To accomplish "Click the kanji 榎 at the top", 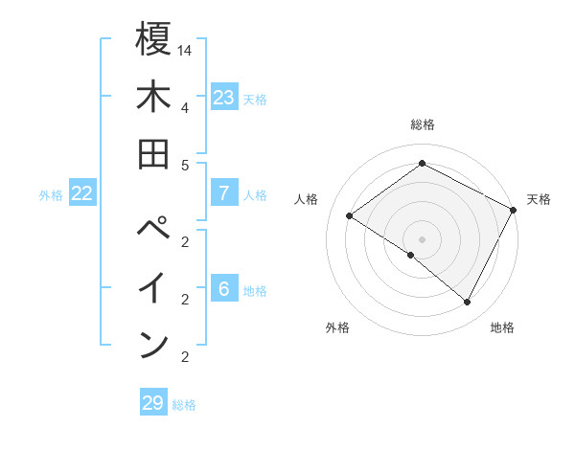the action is click(x=154, y=41).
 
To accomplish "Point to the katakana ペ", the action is click(x=154, y=231).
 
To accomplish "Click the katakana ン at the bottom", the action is click(x=154, y=345).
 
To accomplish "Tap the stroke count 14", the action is click(x=185, y=49).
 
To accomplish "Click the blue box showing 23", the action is click(x=223, y=98).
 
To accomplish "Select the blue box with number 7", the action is click(x=223, y=193).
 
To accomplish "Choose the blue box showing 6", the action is click(x=223, y=289).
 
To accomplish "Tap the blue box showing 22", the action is click(x=81, y=193).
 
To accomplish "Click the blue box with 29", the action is click(x=152, y=403).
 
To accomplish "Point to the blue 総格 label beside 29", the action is click(x=184, y=405).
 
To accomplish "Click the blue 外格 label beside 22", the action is click(x=51, y=195).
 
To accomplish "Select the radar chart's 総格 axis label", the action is click(x=422, y=124).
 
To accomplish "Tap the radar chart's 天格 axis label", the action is click(x=539, y=199).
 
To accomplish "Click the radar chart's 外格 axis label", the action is click(x=337, y=327).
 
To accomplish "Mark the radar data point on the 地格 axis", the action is click(x=468, y=303).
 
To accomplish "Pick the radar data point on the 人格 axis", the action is click(x=349, y=215).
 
